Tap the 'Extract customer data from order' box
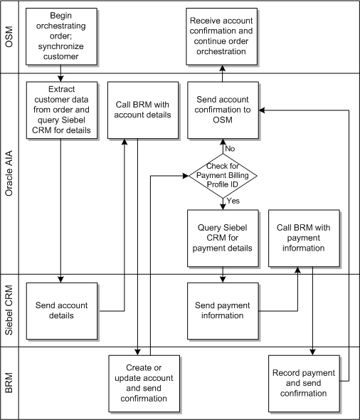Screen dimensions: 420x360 tap(60, 110)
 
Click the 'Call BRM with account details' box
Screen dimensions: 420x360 tap(142, 110)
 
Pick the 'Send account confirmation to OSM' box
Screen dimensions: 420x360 tap(223, 110)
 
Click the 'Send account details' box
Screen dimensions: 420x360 tap(60, 310)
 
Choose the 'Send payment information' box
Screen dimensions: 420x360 tap(223, 310)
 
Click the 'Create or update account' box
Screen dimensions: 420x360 tap(142, 383)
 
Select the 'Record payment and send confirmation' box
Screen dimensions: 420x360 tap(304, 382)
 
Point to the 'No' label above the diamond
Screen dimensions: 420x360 tap(231, 148)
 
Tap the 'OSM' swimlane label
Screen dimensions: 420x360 tap(10, 36)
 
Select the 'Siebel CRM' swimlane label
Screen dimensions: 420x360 tap(10, 310)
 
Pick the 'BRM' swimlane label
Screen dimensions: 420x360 tap(10, 383)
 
